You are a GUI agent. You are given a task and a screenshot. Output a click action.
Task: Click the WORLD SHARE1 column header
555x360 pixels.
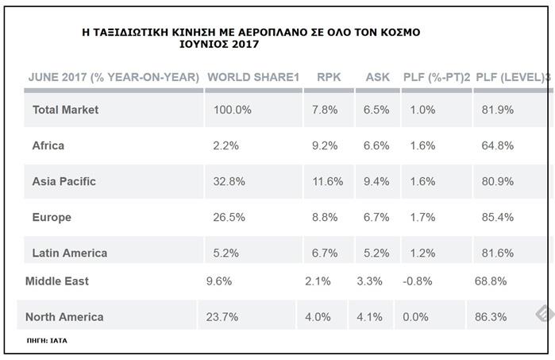252,77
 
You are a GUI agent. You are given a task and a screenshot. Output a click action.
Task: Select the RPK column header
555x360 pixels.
329,77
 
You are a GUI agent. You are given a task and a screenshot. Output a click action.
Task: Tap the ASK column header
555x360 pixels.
377,77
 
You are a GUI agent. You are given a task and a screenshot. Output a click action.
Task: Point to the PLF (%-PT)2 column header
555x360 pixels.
437,77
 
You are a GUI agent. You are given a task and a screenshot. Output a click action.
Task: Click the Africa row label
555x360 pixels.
48,145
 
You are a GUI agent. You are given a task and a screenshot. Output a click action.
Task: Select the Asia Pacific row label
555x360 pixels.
64,181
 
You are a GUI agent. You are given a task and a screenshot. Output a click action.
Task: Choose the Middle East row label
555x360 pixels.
57,281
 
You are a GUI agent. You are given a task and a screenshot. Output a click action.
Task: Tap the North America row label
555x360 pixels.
64,317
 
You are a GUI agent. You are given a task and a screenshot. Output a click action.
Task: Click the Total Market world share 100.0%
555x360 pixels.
233,110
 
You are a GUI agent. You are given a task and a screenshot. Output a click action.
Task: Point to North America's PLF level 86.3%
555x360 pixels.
493,317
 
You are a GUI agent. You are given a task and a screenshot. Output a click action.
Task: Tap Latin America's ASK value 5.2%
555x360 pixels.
376,253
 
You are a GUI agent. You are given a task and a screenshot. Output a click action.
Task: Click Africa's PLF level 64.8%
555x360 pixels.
497,145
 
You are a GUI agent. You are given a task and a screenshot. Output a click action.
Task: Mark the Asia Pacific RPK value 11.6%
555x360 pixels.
327,181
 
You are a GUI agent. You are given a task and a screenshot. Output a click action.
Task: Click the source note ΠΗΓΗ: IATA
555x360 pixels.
47,340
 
